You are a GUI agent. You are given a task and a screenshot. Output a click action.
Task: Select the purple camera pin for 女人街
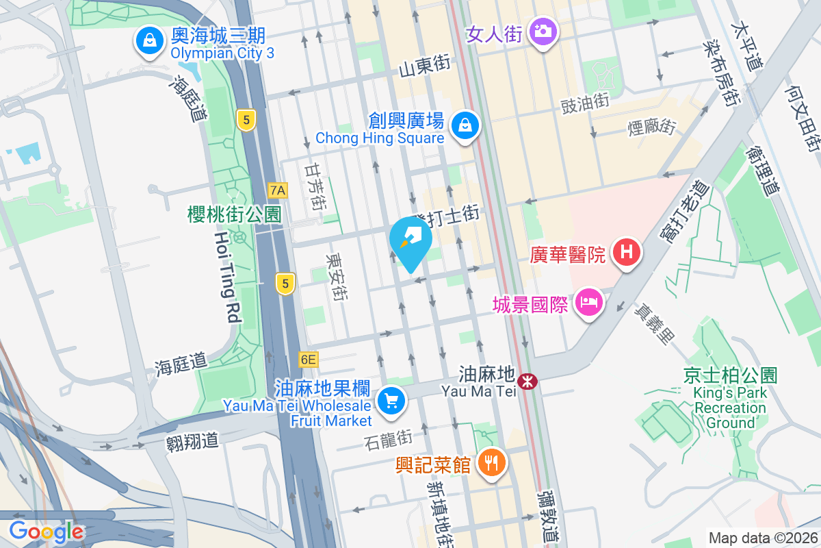tap(543, 32)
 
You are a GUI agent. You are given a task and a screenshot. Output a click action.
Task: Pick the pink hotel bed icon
tap(588, 302)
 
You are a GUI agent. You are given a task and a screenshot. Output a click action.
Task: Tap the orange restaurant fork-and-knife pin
tap(491, 462)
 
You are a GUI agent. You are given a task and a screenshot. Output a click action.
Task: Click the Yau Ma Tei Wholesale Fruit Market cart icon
tap(391, 400)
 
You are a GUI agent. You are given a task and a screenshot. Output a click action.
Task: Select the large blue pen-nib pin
tap(410, 241)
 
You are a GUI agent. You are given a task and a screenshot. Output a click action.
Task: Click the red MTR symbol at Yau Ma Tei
tap(527, 382)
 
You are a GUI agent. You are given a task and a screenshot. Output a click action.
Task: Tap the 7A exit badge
tap(278, 190)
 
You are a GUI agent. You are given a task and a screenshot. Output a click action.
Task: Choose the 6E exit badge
tap(309, 359)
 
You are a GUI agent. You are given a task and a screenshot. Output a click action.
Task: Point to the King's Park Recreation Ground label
tap(730, 408)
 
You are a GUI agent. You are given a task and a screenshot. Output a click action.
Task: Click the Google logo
tap(47, 531)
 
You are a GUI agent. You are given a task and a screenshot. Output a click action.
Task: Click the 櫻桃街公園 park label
tap(234, 214)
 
